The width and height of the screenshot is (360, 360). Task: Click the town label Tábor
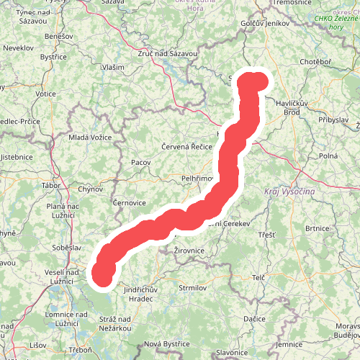[x=51, y=185]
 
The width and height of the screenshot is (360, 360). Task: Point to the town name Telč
[x=259, y=277]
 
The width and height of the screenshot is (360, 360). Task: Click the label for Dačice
[x=254, y=318]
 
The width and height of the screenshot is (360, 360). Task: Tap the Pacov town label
[x=140, y=163]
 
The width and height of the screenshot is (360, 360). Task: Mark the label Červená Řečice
[x=186, y=146]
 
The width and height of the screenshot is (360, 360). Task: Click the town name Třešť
[x=266, y=235]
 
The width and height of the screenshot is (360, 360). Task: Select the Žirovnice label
[x=190, y=251]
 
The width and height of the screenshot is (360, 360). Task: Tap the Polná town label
[x=328, y=156]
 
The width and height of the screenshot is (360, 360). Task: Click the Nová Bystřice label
[x=166, y=343]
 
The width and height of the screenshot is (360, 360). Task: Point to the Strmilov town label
[x=192, y=288]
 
